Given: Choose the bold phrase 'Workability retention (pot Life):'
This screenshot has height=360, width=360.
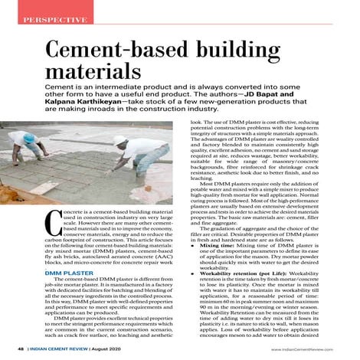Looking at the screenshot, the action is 247,292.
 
